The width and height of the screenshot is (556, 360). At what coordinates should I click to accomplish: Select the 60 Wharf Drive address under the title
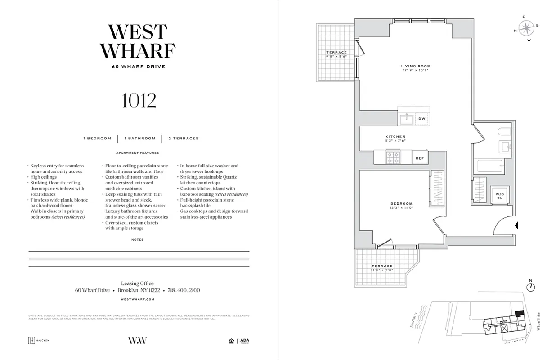(x=139, y=67)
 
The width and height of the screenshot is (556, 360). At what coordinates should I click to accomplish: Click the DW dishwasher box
(x=421, y=119)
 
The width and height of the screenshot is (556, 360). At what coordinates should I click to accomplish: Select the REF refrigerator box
(x=419, y=158)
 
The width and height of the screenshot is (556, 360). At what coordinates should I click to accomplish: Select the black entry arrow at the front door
(x=517, y=225)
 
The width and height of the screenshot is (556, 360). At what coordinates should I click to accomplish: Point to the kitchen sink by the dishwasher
(x=408, y=119)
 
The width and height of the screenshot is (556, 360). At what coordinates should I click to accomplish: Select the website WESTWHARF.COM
(x=138, y=299)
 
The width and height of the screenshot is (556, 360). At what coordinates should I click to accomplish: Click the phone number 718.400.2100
(x=184, y=290)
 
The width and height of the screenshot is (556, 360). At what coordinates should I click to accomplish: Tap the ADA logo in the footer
(x=244, y=341)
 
